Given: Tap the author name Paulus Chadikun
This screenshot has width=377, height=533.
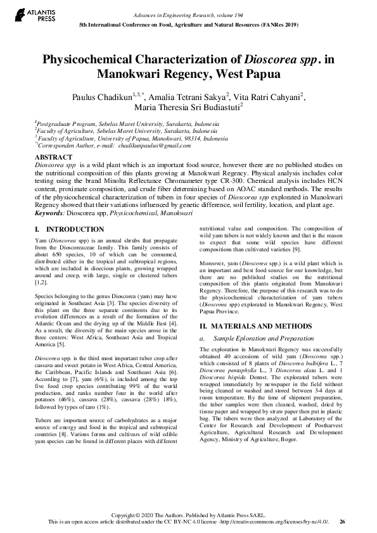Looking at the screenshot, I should click(104, 96).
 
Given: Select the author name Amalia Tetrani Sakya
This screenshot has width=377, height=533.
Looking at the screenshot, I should click(188, 96).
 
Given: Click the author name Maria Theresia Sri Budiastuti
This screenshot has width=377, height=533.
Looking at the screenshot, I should click(185, 108).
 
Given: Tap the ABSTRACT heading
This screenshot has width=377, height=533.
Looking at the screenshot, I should click(53, 156).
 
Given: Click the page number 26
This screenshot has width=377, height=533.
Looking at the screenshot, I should click(343, 521).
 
